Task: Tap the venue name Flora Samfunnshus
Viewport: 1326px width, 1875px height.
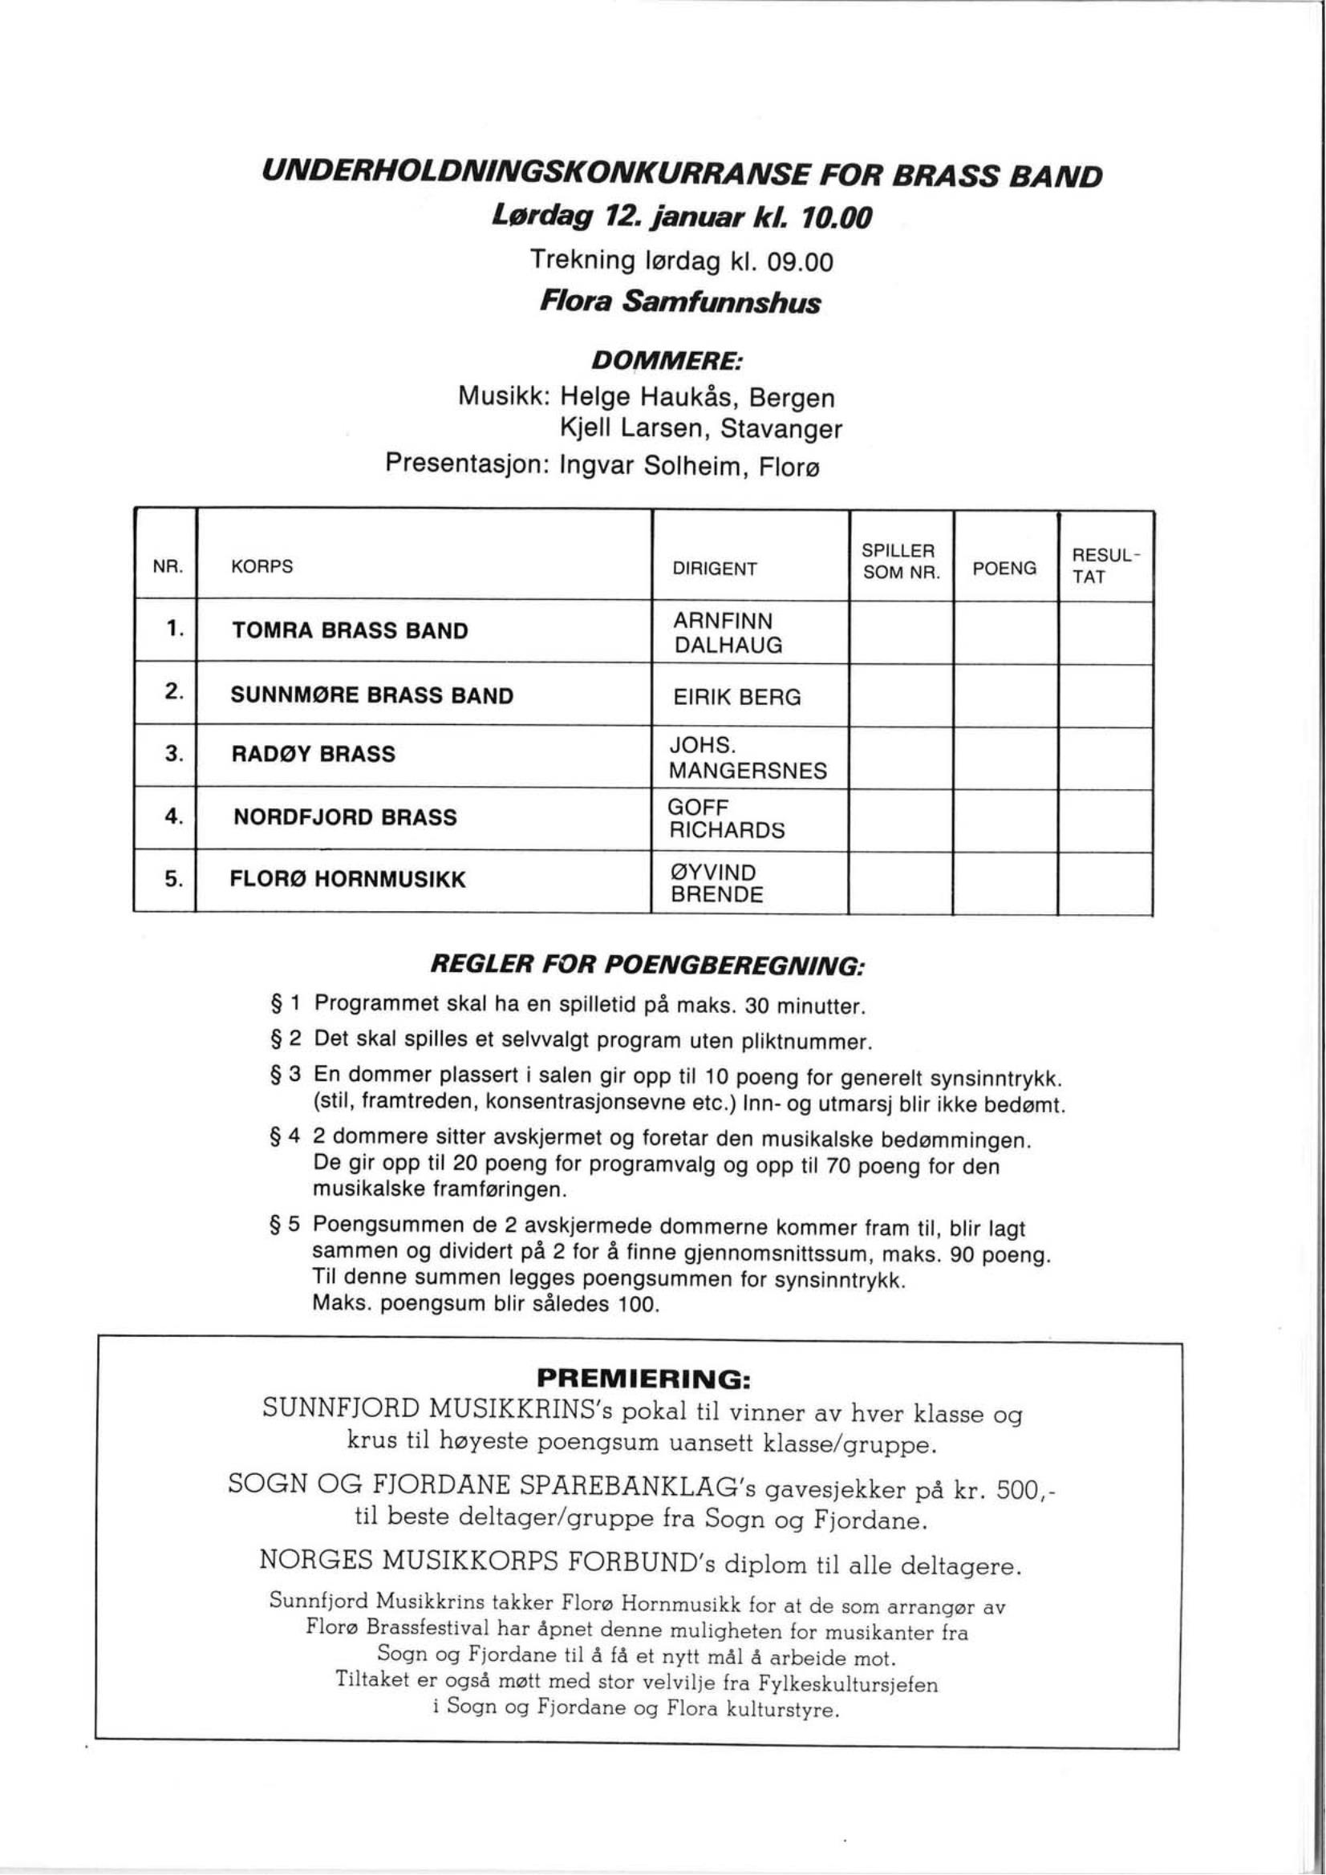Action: [679, 303]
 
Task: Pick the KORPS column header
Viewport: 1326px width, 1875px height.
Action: [262, 567]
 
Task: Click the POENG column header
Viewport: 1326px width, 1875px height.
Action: [1004, 569]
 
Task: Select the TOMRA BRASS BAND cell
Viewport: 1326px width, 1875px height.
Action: [351, 630]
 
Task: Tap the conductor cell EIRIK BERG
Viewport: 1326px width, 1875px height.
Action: [737, 698]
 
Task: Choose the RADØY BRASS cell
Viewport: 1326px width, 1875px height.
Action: [314, 754]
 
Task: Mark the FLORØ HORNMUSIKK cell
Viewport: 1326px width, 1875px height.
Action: [349, 880]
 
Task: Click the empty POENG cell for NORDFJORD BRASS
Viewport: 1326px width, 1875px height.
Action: [1006, 819]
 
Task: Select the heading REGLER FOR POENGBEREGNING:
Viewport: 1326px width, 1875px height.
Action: [647, 966]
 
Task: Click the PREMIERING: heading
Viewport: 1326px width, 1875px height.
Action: [643, 1379]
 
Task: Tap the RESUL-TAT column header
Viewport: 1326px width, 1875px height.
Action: [1105, 566]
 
